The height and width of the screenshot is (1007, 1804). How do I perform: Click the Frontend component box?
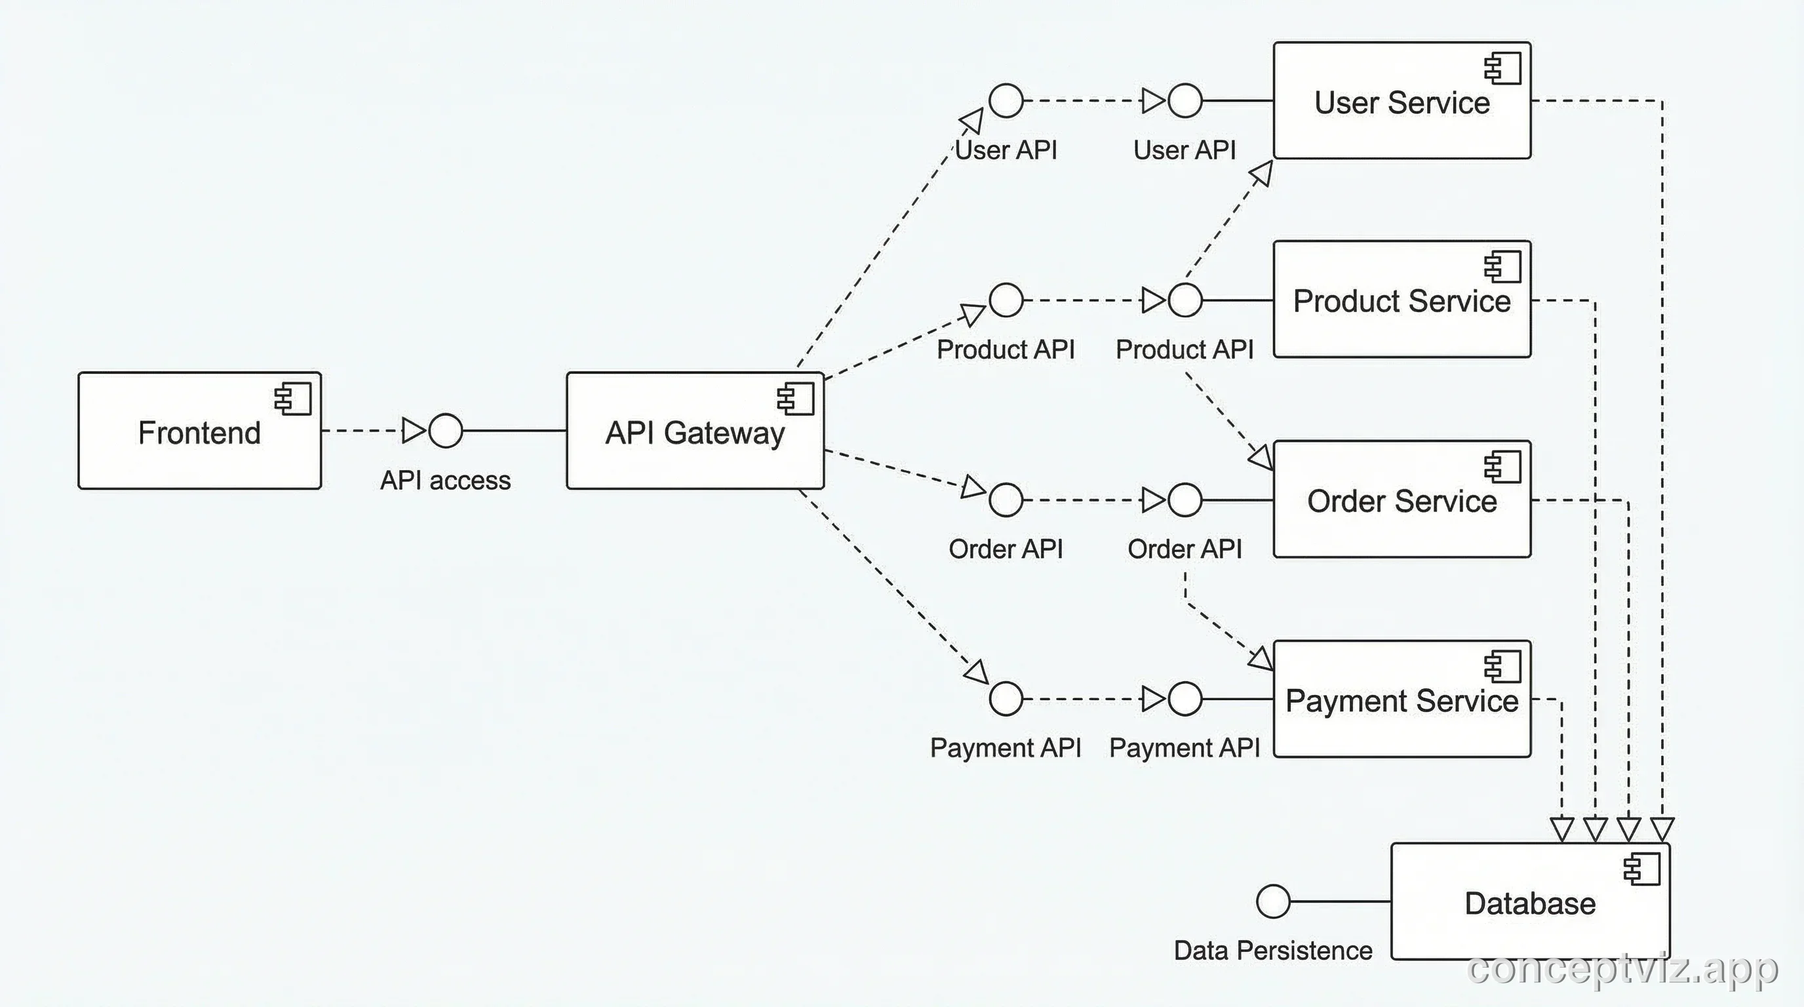coord(199,431)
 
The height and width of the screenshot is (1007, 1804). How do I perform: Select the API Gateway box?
coord(695,431)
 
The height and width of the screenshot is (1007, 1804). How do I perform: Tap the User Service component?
coord(1402,101)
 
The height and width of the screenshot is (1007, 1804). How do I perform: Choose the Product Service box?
coord(1402,300)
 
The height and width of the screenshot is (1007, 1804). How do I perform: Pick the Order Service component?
coord(1402,500)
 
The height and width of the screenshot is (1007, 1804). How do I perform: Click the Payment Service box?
coord(1402,699)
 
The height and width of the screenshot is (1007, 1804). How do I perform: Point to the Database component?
coord(1530,902)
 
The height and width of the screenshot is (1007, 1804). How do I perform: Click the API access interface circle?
coord(445,430)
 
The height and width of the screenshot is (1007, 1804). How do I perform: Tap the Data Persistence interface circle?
coord(1272,901)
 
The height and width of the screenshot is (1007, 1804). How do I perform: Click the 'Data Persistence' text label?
coord(1272,950)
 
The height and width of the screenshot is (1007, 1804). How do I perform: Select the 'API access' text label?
coord(445,481)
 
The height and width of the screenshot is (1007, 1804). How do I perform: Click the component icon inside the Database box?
coord(1641,869)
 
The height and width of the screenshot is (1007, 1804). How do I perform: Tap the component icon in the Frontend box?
coord(293,399)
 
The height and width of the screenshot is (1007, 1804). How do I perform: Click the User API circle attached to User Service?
coord(1185,101)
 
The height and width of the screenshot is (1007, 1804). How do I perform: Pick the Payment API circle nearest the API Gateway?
coord(1006,699)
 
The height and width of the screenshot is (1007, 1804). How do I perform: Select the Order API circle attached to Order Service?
coord(1185,500)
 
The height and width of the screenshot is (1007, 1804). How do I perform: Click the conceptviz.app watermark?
coord(1622,969)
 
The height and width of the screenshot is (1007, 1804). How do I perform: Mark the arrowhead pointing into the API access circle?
coord(414,430)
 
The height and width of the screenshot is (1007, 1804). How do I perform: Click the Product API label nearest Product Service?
coord(1185,349)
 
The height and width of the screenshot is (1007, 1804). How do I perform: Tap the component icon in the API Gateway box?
coord(796,399)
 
